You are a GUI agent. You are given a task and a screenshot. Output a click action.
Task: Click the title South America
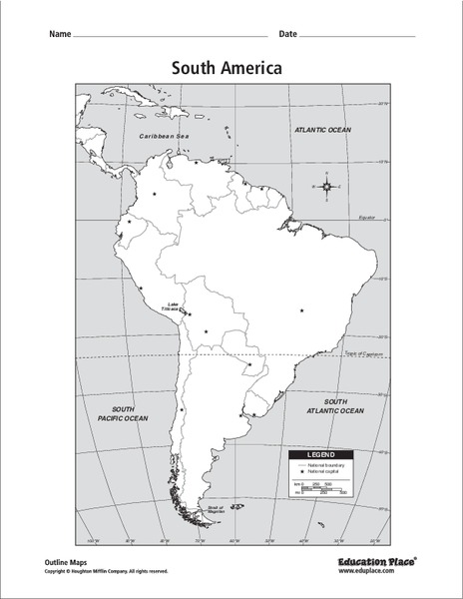[x=227, y=68]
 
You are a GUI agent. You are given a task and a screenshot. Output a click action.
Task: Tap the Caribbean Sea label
[x=164, y=135]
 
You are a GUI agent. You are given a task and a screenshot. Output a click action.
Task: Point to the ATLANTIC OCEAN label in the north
[x=324, y=130]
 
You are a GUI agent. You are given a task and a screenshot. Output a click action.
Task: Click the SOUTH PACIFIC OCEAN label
[x=124, y=413]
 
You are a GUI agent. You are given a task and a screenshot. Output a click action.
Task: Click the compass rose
[x=326, y=187]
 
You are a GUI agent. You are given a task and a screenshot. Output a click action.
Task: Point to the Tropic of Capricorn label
[x=364, y=352]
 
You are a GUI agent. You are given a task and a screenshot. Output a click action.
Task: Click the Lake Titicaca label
[x=175, y=306]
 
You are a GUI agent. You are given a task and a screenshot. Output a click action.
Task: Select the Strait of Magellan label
[x=216, y=510]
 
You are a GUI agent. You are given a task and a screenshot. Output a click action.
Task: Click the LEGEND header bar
[x=322, y=454]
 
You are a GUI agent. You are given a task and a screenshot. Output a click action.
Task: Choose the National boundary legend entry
[x=327, y=465]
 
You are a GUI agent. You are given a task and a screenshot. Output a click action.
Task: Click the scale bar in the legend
[x=322, y=489]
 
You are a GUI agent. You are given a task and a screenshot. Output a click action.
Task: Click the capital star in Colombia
[x=155, y=194]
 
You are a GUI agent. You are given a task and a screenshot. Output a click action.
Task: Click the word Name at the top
[x=59, y=34]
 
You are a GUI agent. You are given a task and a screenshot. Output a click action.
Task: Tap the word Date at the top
[x=288, y=34]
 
